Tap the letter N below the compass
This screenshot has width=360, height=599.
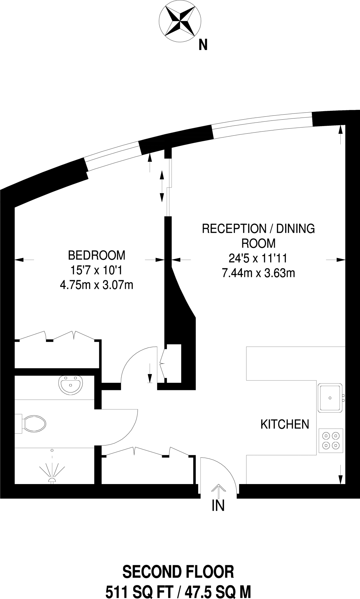[x=203, y=45]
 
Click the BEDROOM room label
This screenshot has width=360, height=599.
[x=96, y=255]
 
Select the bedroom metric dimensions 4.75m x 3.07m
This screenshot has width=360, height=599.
[x=96, y=285]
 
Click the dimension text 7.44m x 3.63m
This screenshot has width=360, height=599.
[x=258, y=273]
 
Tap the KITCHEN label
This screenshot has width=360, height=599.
[x=284, y=424]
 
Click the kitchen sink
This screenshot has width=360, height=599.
[x=330, y=398]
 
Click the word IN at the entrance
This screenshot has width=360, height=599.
[x=218, y=505]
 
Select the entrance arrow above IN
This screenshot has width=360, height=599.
[x=218, y=490]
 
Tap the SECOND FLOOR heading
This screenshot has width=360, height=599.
[x=178, y=572]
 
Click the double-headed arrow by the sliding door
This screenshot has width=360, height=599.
[x=161, y=186]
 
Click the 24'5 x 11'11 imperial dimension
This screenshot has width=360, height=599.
[x=258, y=259]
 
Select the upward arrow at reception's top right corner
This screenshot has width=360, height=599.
[x=340, y=135]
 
